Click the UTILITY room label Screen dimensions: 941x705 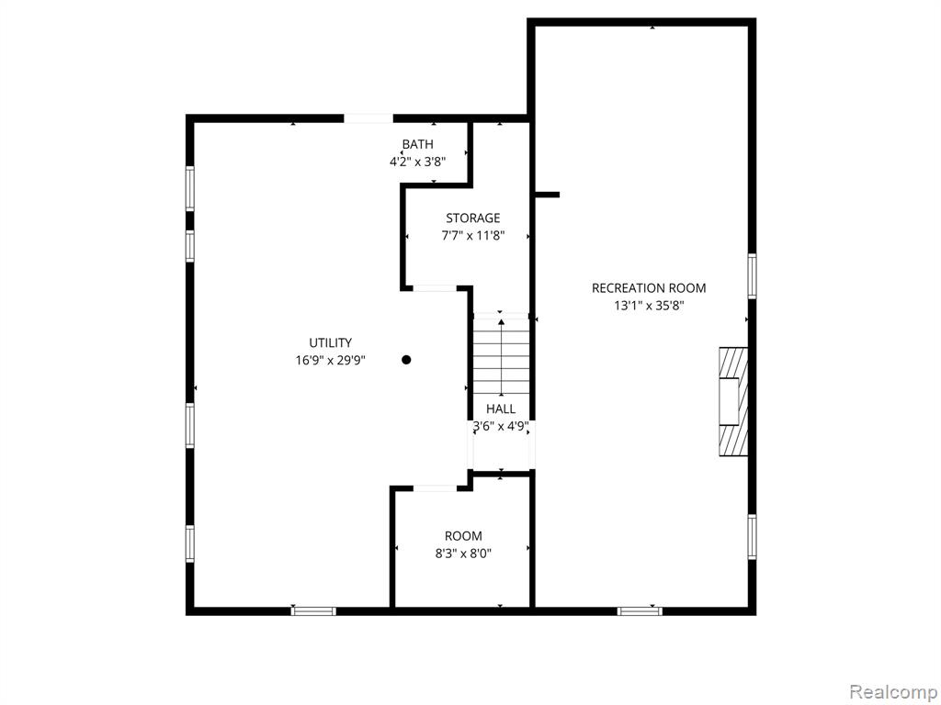330,343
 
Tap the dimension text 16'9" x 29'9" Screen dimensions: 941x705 330,360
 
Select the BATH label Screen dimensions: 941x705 418,144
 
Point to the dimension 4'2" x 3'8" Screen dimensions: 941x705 418,162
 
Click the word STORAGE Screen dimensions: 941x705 473,218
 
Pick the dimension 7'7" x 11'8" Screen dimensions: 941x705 473,236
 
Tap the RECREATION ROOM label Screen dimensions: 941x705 649,288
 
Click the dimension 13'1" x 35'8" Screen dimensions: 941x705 649,306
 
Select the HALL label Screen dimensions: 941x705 501,409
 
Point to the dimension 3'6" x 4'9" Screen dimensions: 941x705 501,427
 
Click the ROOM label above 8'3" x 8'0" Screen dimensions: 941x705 463,536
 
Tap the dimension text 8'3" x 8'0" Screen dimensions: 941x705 463,554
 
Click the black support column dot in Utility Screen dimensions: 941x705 406,360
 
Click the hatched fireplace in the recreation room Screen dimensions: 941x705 733,402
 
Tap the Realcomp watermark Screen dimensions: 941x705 893,691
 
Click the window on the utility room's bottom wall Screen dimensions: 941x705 313,610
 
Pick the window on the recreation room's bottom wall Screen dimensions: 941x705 640,610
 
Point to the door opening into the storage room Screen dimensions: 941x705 435,288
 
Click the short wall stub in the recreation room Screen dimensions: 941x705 548,195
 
